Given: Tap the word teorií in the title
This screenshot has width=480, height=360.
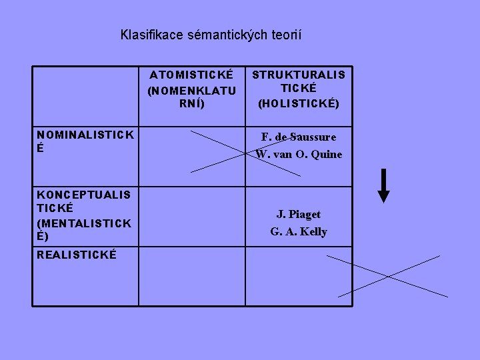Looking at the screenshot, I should click(283, 34).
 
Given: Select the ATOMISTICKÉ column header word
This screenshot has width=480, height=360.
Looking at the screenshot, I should click(191, 75).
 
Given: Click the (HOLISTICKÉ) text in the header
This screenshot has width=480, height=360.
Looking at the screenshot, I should click(299, 103).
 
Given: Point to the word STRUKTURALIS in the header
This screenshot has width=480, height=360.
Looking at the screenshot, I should click(299, 75).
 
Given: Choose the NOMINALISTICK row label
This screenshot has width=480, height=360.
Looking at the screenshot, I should click(85, 135).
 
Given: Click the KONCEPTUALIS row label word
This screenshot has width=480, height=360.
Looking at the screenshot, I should click(84, 194).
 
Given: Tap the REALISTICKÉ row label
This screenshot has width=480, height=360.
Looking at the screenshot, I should click(77, 255).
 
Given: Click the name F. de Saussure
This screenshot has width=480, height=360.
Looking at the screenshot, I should click(299, 137).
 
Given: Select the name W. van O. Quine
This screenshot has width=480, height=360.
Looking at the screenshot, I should click(299, 154).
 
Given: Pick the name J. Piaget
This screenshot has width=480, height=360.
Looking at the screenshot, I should click(299, 214).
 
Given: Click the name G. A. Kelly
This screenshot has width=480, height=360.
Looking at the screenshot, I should click(299, 231).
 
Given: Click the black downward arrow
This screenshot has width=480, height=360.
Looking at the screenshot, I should click(383, 186).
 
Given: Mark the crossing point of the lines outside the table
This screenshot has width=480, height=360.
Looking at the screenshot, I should click(389, 275).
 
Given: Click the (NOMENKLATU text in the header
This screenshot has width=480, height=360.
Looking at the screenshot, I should click(191, 89).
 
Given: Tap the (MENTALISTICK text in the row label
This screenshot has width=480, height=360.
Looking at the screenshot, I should click(84, 223).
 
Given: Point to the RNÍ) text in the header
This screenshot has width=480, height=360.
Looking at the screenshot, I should click(191, 103).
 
